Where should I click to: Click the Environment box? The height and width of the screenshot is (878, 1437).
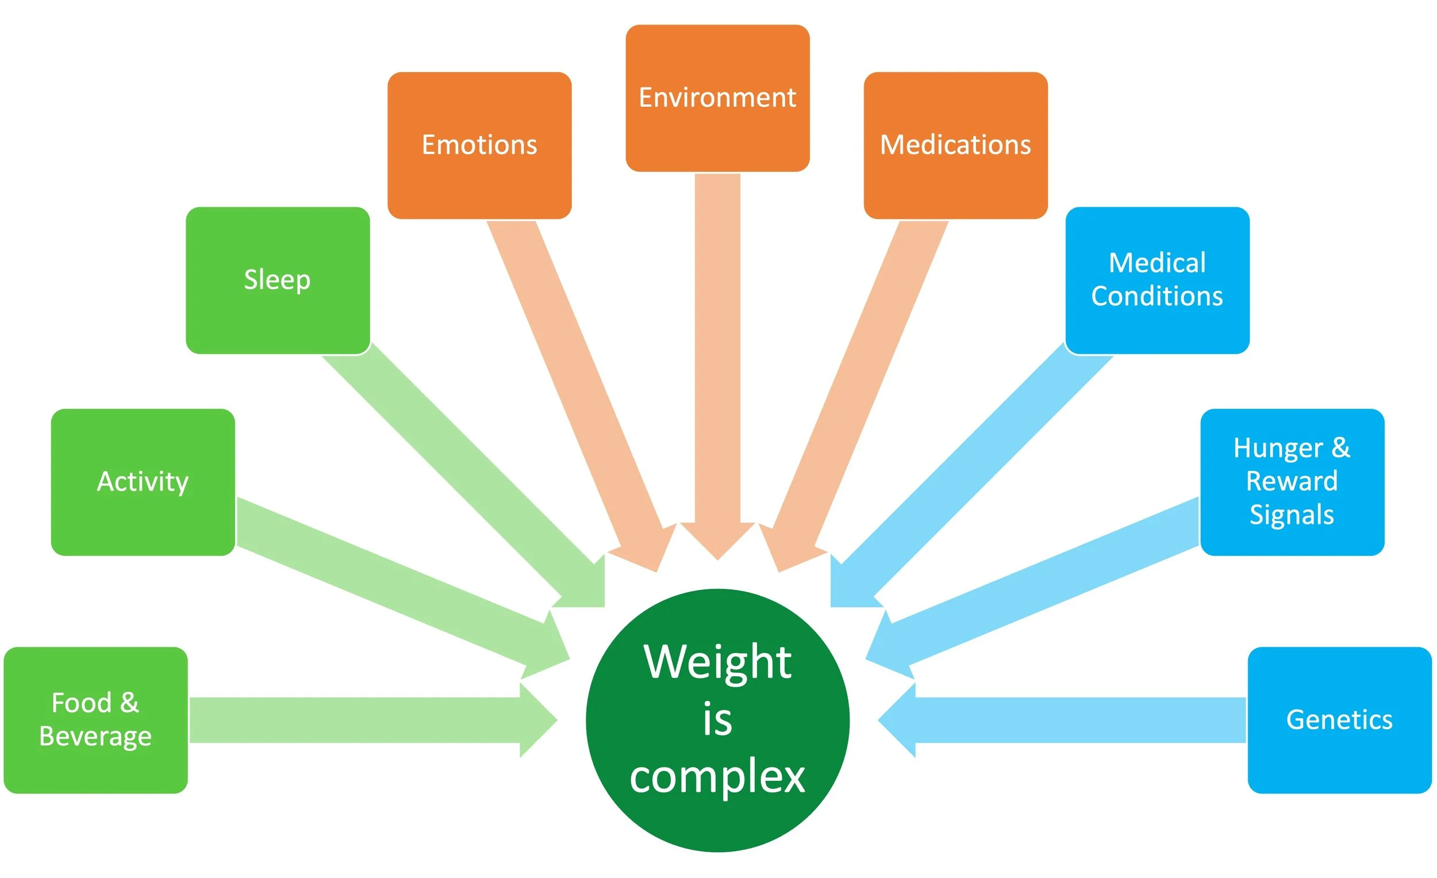[717, 97]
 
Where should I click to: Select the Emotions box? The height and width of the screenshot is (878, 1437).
[479, 145]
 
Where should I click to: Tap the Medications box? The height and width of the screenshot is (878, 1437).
[955, 145]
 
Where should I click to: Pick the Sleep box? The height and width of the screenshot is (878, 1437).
[278, 280]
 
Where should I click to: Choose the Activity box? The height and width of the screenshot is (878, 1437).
[143, 482]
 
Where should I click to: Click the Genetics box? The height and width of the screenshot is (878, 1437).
[1339, 719]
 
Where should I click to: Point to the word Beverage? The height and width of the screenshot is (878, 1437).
[95, 736]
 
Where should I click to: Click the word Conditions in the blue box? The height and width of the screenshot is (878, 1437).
[1157, 296]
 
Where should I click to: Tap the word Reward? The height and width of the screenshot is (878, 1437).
[1292, 481]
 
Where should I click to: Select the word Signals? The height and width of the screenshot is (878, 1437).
[1292, 515]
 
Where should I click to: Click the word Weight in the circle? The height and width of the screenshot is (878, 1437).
[717, 662]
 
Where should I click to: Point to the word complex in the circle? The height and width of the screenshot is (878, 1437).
[717, 776]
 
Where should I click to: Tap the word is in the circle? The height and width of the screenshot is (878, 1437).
[717, 719]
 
